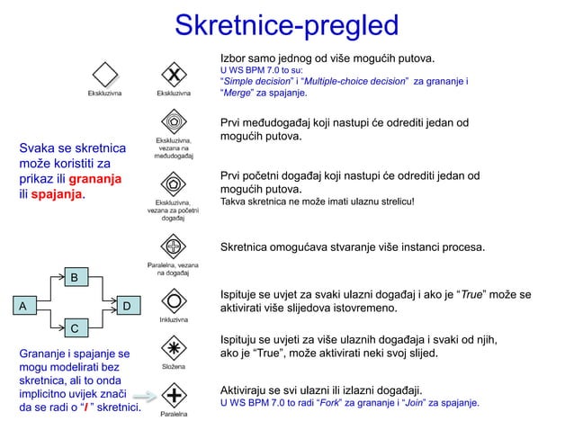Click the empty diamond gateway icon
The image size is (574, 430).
(x=106, y=73)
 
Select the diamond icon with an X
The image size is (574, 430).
(x=174, y=73)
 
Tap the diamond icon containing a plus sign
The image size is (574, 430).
(x=174, y=394)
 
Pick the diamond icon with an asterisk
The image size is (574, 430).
(x=174, y=346)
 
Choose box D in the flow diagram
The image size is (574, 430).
(x=127, y=307)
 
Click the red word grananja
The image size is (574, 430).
(x=90, y=179)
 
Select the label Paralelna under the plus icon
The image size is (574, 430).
(x=174, y=415)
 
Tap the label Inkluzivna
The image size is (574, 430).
(x=174, y=319)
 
